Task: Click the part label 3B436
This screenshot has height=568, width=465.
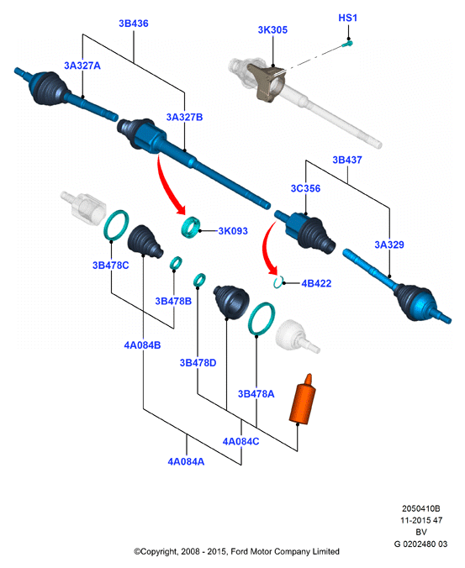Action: click(134, 24)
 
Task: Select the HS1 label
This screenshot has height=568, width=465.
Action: click(347, 18)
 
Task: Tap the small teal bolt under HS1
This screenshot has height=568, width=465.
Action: click(347, 45)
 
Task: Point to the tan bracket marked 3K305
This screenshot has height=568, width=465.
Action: click(269, 82)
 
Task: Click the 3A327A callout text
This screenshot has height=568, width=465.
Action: click(82, 66)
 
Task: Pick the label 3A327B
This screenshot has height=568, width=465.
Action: click(184, 117)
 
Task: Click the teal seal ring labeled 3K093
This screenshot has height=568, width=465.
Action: click(191, 227)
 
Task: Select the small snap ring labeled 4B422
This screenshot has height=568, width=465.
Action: click(278, 282)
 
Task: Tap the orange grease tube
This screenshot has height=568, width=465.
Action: click(303, 400)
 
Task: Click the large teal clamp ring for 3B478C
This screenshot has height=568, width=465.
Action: click(116, 225)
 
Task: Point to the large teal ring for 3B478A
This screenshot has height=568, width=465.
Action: click(262, 318)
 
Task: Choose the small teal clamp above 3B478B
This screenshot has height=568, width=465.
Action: click(176, 263)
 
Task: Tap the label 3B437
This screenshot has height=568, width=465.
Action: click(347, 160)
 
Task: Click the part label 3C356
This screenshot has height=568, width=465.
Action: click(305, 188)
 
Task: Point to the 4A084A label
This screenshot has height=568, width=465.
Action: click(186, 461)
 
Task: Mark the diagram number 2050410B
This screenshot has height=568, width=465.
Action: click(420, 508)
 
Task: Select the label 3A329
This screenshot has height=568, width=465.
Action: click(389, 245)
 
